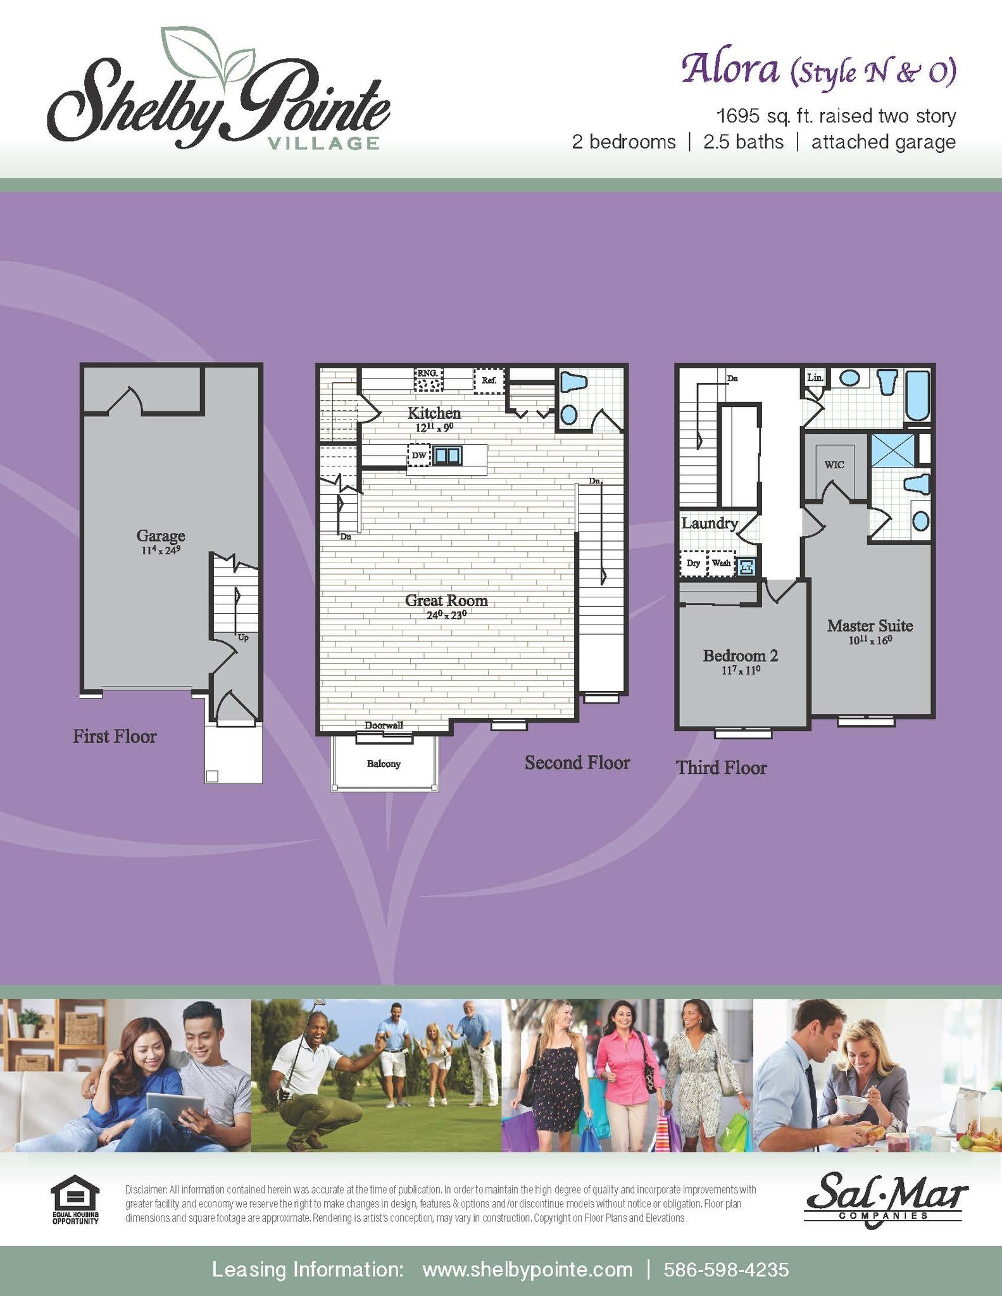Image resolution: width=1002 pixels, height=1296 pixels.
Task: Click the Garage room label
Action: (x=161, y=536)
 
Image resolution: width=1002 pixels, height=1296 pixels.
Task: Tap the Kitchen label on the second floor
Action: (x=434, y=413)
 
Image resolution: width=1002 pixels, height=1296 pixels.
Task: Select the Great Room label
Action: (x=446, y=601)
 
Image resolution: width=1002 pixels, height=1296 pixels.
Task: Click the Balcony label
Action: (x=384, y=764)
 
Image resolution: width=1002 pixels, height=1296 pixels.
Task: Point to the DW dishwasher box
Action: (x=418, y=455)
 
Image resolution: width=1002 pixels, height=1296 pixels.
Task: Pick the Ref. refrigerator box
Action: (x=489, y=381)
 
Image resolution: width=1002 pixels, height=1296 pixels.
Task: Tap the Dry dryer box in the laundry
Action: (x=694, y=563)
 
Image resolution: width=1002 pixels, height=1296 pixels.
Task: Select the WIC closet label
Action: (x=834, y=464)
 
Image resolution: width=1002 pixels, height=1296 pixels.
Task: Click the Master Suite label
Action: (x=870, y=626)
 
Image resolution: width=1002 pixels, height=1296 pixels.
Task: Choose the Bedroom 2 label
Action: (x=740, y=656)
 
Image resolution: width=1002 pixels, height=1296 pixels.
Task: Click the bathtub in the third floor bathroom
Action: (x=917, y=396)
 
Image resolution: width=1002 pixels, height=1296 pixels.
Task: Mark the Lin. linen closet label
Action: (x=815, y=378)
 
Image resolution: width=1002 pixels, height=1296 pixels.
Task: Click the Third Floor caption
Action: (x=721, y=768)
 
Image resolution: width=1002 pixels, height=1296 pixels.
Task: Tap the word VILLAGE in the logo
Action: (x=324, y=144)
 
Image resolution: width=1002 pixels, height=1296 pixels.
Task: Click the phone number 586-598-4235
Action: (x=726, y=1269)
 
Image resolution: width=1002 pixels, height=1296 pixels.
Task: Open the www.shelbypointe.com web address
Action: (x=527, y=1269)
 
